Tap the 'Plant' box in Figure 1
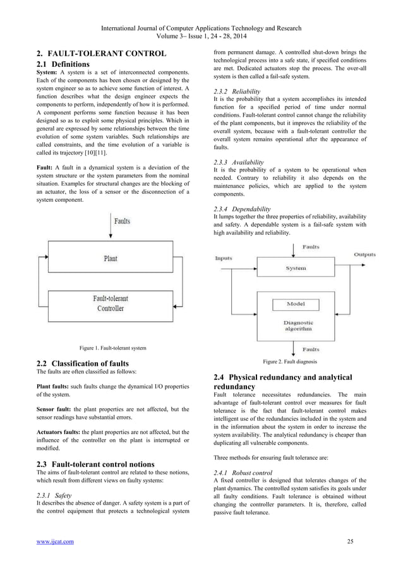pyautogui.click(x=111, y=259)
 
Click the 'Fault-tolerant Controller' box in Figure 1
pyautogui.click(x=111, y=303)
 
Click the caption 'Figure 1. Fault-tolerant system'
pyautogui.click(x=112, y=348)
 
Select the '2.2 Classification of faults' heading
pyautogui.click(x=83, y=364)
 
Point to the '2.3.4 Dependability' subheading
pyautogui.click(x=243, y=208)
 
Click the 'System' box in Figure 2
pyautogui.click(x=296, y=268)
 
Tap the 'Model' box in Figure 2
pyautogui.click(x=296, y=304)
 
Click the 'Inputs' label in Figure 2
pyautogui.click(x=224, y=258)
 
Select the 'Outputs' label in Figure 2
pyautogui.click(x=364, y=254)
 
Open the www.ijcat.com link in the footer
pyautogui.click(x=54, y=541)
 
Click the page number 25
pyautogui.click(x=352, y=541)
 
